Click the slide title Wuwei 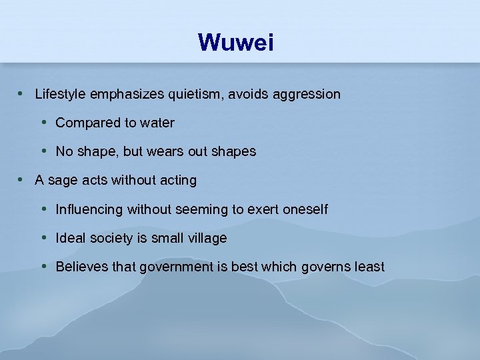[236, 43]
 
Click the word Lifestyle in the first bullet [61, 95]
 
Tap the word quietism [197, 95]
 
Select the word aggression [307, 95]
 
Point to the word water [157, 123]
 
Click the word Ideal [70, 238]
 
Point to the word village [206, 238]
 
